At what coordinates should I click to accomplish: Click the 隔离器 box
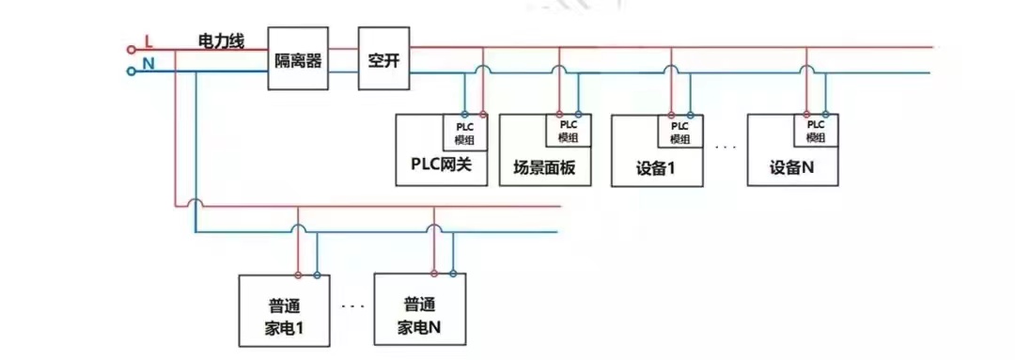298,58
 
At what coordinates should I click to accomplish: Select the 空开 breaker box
384,58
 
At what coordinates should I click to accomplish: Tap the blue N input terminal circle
131,70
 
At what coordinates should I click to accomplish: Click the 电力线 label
221,41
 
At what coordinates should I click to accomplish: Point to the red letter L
148,41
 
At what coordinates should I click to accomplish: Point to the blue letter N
148,64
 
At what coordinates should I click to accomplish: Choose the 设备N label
791,168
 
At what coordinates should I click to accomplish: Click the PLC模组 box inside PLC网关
465,132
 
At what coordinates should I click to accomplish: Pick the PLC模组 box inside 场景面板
568,131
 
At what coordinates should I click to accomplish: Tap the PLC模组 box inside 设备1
680,132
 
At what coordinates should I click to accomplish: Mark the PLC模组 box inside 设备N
815,131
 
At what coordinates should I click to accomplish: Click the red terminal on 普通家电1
298,274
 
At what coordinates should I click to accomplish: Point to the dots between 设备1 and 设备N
725,148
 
